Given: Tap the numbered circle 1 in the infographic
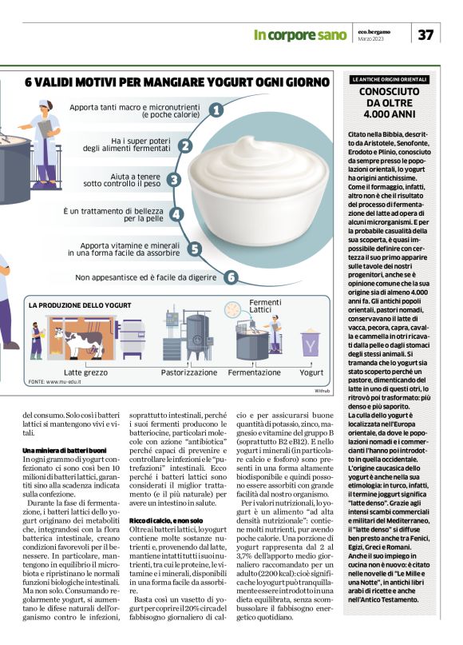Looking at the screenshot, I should (x=216, y=111).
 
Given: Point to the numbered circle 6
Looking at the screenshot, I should (x=230, y=277).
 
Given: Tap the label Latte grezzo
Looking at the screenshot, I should (x=85, y=372).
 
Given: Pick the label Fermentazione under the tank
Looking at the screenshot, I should (x=254, y=372).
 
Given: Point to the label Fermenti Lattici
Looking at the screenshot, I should (x=265, y=306).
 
